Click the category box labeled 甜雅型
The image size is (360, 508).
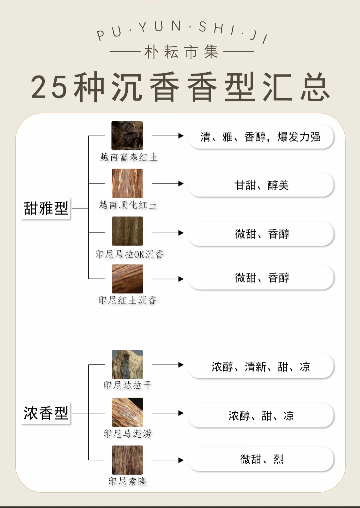coord(46,209)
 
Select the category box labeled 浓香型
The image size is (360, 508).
coord(46,413)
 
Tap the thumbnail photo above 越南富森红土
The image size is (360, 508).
coord(127,136)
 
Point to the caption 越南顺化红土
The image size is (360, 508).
coord(128,205)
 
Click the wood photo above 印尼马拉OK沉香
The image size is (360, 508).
coord(127,231)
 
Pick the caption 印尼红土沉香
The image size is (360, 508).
coord(127,300)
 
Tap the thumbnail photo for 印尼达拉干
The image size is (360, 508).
coord(127,364)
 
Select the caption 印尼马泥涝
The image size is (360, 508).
coord(127,434)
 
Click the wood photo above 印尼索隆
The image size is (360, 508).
coord(127,460)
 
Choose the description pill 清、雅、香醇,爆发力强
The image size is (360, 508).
coord(261,137)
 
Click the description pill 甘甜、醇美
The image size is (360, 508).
coord(261,185)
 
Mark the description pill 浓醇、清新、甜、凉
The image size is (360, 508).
coord(261,366)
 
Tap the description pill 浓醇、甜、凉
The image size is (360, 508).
coord(261,415)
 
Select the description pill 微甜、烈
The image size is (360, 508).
coord(261,459)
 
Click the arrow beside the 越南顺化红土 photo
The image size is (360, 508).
coord(168,184)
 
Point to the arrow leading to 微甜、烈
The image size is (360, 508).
coord(168,460)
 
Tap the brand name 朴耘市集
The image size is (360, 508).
coord(181,52)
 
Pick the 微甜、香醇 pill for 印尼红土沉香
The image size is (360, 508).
coord(261,277)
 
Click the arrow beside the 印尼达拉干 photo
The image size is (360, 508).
coord(168,365)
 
